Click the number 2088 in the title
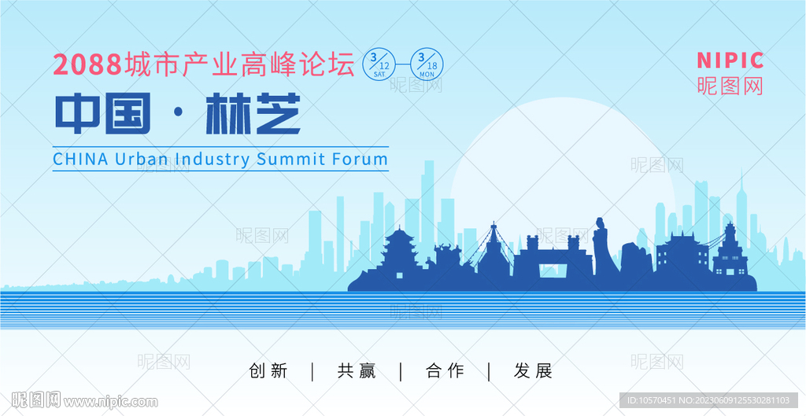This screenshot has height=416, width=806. [87, 64]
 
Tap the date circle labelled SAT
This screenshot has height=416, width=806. [379, 64]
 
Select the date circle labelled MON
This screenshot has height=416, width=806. [427, 64]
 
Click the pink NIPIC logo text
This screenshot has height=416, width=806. [730, 61]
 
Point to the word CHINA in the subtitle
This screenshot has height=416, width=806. [81, 159]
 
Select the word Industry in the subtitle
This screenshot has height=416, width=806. [212, 159]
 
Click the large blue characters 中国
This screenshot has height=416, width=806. [103, 113]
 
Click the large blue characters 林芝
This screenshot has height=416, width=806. [253, 113]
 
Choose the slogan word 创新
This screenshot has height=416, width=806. [268, 371]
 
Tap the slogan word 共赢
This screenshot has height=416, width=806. [357, 371]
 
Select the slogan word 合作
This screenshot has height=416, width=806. [446, 371]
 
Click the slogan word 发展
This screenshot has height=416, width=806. [533, 371]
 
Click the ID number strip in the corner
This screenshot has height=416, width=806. [709, 400]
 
